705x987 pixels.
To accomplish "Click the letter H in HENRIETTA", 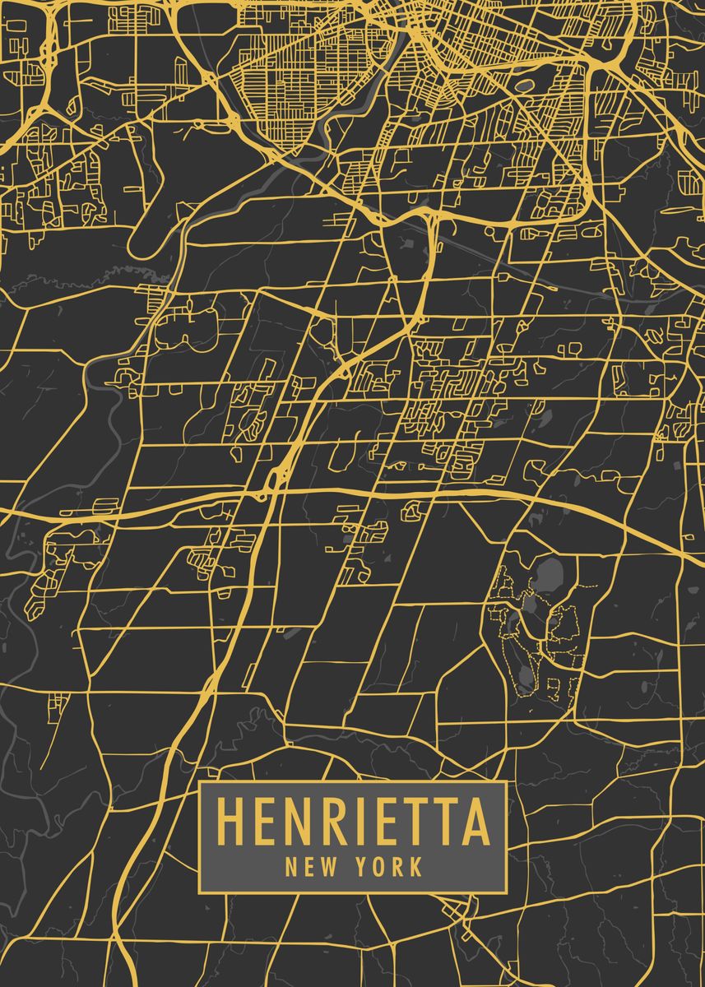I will coord(230,822).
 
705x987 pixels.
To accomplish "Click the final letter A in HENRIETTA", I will coord(475,822).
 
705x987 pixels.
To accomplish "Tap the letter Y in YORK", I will coord(363,866).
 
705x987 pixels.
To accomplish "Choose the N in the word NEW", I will coord(291,866).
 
